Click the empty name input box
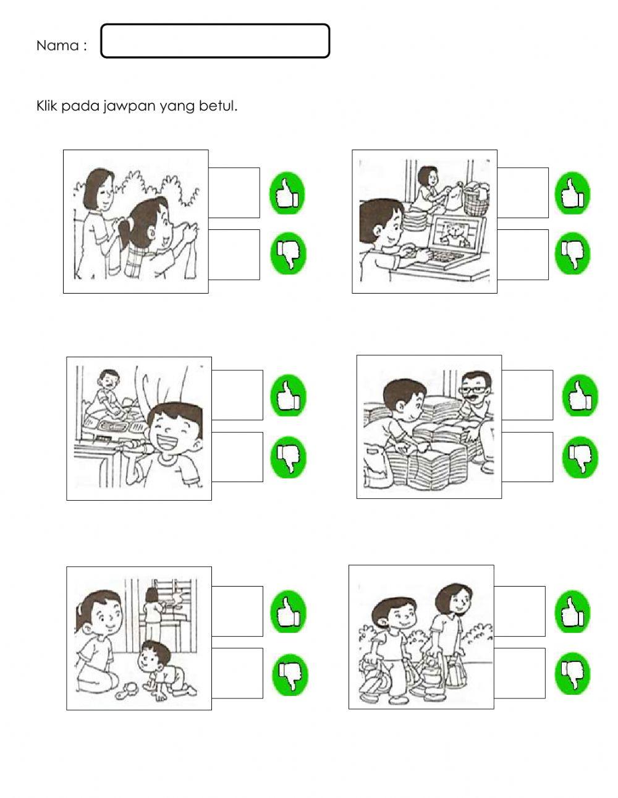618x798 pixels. click(x=215, y=41)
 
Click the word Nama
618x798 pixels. click(x=57, y=46)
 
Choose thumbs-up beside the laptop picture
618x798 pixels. click(x=572, y=193)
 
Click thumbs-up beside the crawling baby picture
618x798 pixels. click(x=288, y=611)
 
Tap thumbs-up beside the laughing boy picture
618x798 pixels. click(x=288, y=396)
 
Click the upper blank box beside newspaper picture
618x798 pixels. click(x=527, y=395)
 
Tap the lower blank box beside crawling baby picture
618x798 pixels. click(x=237, y=673)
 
